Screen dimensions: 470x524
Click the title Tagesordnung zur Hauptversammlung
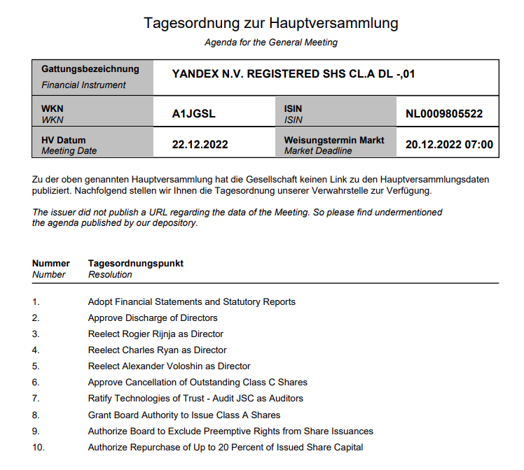pos(271,22)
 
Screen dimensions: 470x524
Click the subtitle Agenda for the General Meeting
pos(271,43)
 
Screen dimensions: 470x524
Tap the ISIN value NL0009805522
pos(444,114)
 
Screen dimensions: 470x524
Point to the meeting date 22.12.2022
pos(200,145)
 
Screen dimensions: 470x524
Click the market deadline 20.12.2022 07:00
pos(449,145)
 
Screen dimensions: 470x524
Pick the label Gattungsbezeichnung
pos(90,69)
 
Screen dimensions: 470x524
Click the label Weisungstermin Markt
pos(334,140)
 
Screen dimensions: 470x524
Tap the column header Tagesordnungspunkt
pos(136,264)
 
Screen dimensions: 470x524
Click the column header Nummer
pos(51,264)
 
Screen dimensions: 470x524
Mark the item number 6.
pos(36,383)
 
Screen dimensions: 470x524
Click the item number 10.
pos(38,448)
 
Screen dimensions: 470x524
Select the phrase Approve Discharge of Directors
pos(153,318)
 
